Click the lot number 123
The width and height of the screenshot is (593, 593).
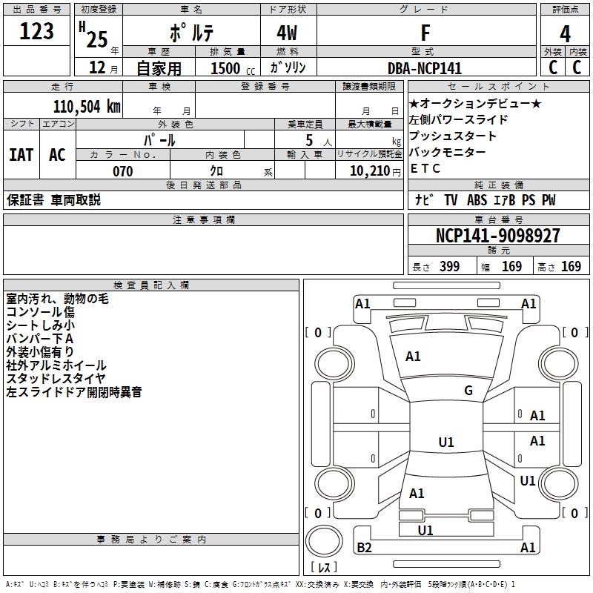tap(36, 32)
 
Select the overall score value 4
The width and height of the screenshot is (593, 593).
tap(565, 34)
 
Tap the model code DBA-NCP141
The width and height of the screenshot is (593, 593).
tap(425, 68)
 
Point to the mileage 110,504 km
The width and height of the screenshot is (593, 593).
tap(86, 105)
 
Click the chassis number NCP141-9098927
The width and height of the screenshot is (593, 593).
tap(497, 236)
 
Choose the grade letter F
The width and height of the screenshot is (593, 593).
tap(425, 33)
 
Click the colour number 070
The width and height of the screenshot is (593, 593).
tap(122, 171)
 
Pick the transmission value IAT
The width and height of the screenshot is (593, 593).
tap(21, 155)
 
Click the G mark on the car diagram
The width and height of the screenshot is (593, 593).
tap(468, 391)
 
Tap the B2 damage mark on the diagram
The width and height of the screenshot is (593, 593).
tap(364, 548)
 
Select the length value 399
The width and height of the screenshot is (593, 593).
tap(447, 267)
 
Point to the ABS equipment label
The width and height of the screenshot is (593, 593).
tap(477, 200)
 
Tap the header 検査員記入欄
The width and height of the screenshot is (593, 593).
tap(151, 285)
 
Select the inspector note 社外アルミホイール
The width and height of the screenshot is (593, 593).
tap(56, 365)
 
